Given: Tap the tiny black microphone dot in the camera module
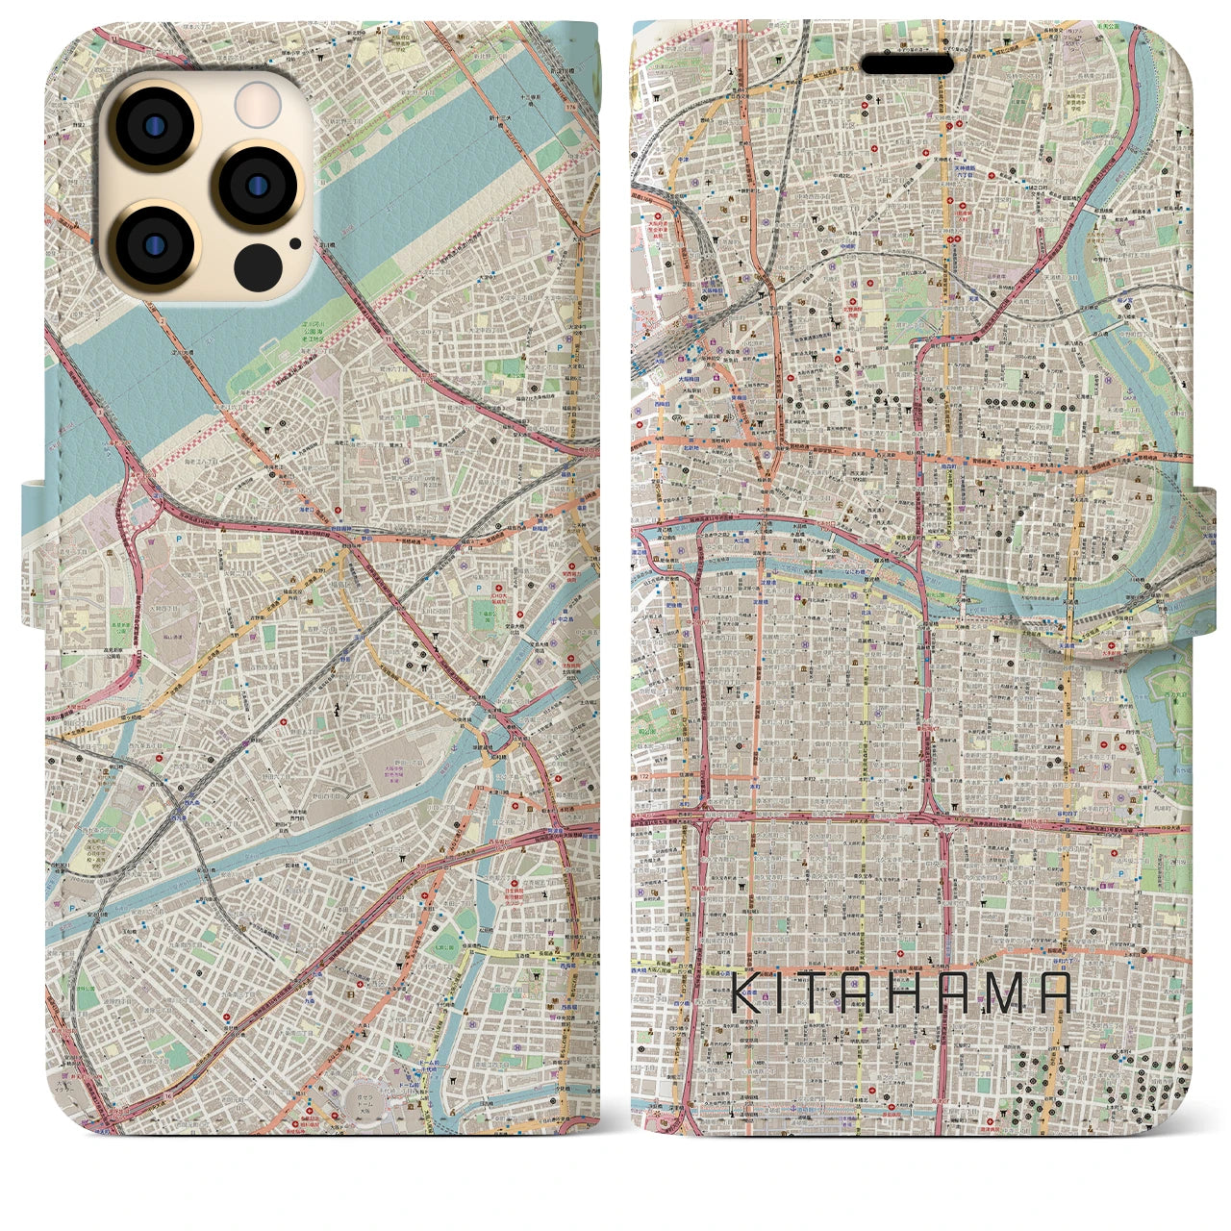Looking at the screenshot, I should pyautogui.click(x=295, y=243).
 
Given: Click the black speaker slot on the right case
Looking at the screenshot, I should pyautogui.click(x=907, y=63).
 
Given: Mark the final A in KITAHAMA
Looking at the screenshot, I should pyautogui.click(x=1054, y=992).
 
